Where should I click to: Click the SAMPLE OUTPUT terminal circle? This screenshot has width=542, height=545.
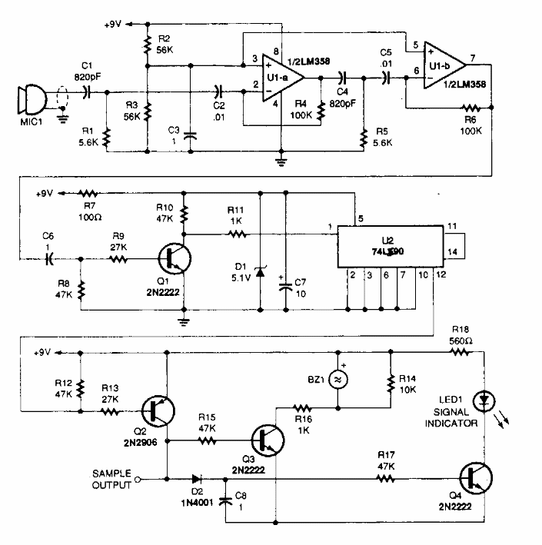(x=137, y=479)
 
